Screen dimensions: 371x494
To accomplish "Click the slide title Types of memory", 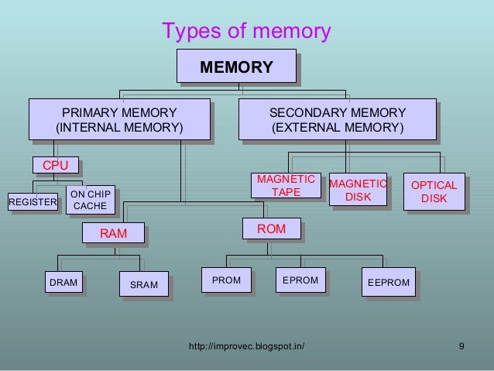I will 246,31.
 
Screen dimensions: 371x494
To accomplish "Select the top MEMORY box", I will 236,67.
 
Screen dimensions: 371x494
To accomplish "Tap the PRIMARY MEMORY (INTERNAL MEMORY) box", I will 119,119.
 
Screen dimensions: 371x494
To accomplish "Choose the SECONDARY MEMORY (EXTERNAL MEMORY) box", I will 337,119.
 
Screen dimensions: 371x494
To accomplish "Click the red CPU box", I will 55,165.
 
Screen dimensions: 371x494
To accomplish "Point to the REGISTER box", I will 33,203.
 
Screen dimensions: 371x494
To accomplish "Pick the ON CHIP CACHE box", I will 90,199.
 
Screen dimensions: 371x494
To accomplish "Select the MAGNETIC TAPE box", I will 286,185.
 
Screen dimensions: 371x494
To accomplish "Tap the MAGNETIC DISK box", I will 358,190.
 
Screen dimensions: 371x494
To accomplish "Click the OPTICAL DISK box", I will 434,191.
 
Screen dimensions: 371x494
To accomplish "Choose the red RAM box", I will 113,232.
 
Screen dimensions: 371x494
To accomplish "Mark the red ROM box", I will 271,228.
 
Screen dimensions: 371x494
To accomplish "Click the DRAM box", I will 63,283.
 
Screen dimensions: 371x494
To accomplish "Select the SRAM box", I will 143,285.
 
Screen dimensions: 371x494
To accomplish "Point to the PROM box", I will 226,280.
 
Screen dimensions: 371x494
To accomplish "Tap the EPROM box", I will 300,280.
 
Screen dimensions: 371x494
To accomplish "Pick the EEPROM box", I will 388,283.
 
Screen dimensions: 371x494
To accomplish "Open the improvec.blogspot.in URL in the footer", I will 246,345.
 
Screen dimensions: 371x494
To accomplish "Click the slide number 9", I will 461,345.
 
